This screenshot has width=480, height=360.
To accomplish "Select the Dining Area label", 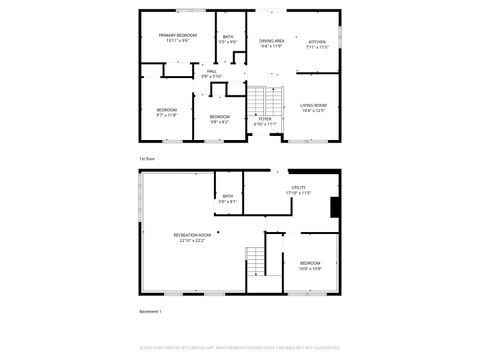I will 272,41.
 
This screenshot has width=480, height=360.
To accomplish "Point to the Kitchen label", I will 316,42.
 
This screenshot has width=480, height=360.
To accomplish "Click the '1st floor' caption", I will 146,159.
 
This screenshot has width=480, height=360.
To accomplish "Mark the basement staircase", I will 257,262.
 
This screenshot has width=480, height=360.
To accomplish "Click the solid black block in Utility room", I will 336,205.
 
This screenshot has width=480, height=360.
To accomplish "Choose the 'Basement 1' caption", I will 150,312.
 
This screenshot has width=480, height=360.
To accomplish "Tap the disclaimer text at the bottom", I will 240,349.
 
